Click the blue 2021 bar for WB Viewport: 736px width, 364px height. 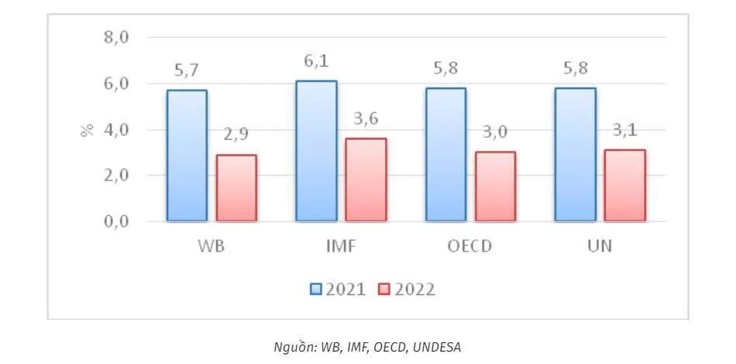click(187, 156)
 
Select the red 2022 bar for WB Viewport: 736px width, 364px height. click(236, 188)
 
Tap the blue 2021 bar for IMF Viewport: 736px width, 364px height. click(317, 151)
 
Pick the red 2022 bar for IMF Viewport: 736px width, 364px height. click(366, 180)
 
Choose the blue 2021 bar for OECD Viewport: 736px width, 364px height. click(446, 155)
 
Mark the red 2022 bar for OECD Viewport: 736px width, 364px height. click(495, 187)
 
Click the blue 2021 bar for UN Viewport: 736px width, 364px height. click(576, 155)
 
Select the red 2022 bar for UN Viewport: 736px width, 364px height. click(624, 185)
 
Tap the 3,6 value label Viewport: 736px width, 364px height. click(366, 120)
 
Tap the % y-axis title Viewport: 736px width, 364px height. click(86, 129)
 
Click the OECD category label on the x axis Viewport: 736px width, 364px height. click(469, 248)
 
